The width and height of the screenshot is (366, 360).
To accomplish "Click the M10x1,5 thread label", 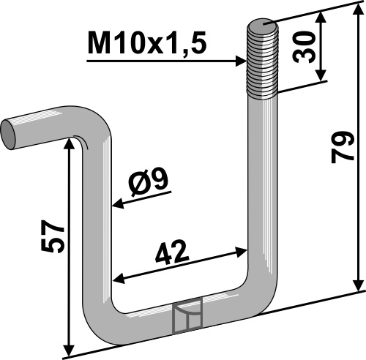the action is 147,43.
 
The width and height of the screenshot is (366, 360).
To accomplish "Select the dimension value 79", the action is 343,147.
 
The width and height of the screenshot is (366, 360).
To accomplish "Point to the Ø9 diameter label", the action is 148,182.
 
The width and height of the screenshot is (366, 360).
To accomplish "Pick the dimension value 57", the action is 53,236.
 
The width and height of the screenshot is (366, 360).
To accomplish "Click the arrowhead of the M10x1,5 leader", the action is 241,61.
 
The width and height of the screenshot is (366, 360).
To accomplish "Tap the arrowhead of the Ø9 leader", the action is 118,203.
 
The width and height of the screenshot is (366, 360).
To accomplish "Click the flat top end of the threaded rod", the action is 263,25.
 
